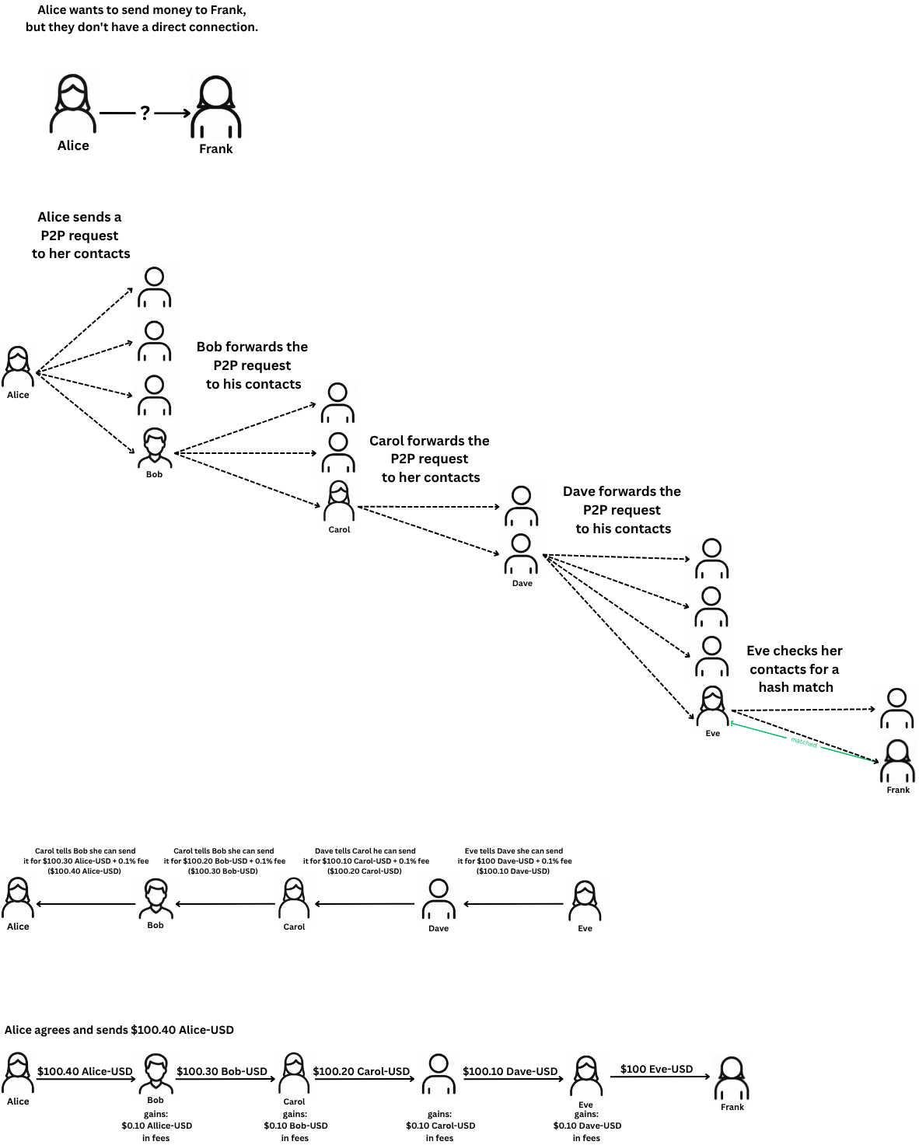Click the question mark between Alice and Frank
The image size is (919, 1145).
145,113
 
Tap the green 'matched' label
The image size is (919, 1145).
804,742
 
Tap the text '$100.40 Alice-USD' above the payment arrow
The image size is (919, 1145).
85,1071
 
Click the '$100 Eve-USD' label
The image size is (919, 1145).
656,1069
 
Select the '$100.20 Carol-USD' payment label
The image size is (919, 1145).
361,1071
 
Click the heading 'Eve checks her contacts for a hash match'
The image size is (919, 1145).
795,668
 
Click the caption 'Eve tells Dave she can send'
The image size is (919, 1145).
514,851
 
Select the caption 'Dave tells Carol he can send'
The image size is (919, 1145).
365,851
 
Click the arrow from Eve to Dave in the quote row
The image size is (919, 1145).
513,904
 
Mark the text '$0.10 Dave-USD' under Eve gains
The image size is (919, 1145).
587,1126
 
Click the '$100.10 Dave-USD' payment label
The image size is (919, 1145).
510,1071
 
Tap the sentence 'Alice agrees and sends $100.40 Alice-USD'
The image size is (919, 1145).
119,1030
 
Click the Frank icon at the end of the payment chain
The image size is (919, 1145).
732,1077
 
